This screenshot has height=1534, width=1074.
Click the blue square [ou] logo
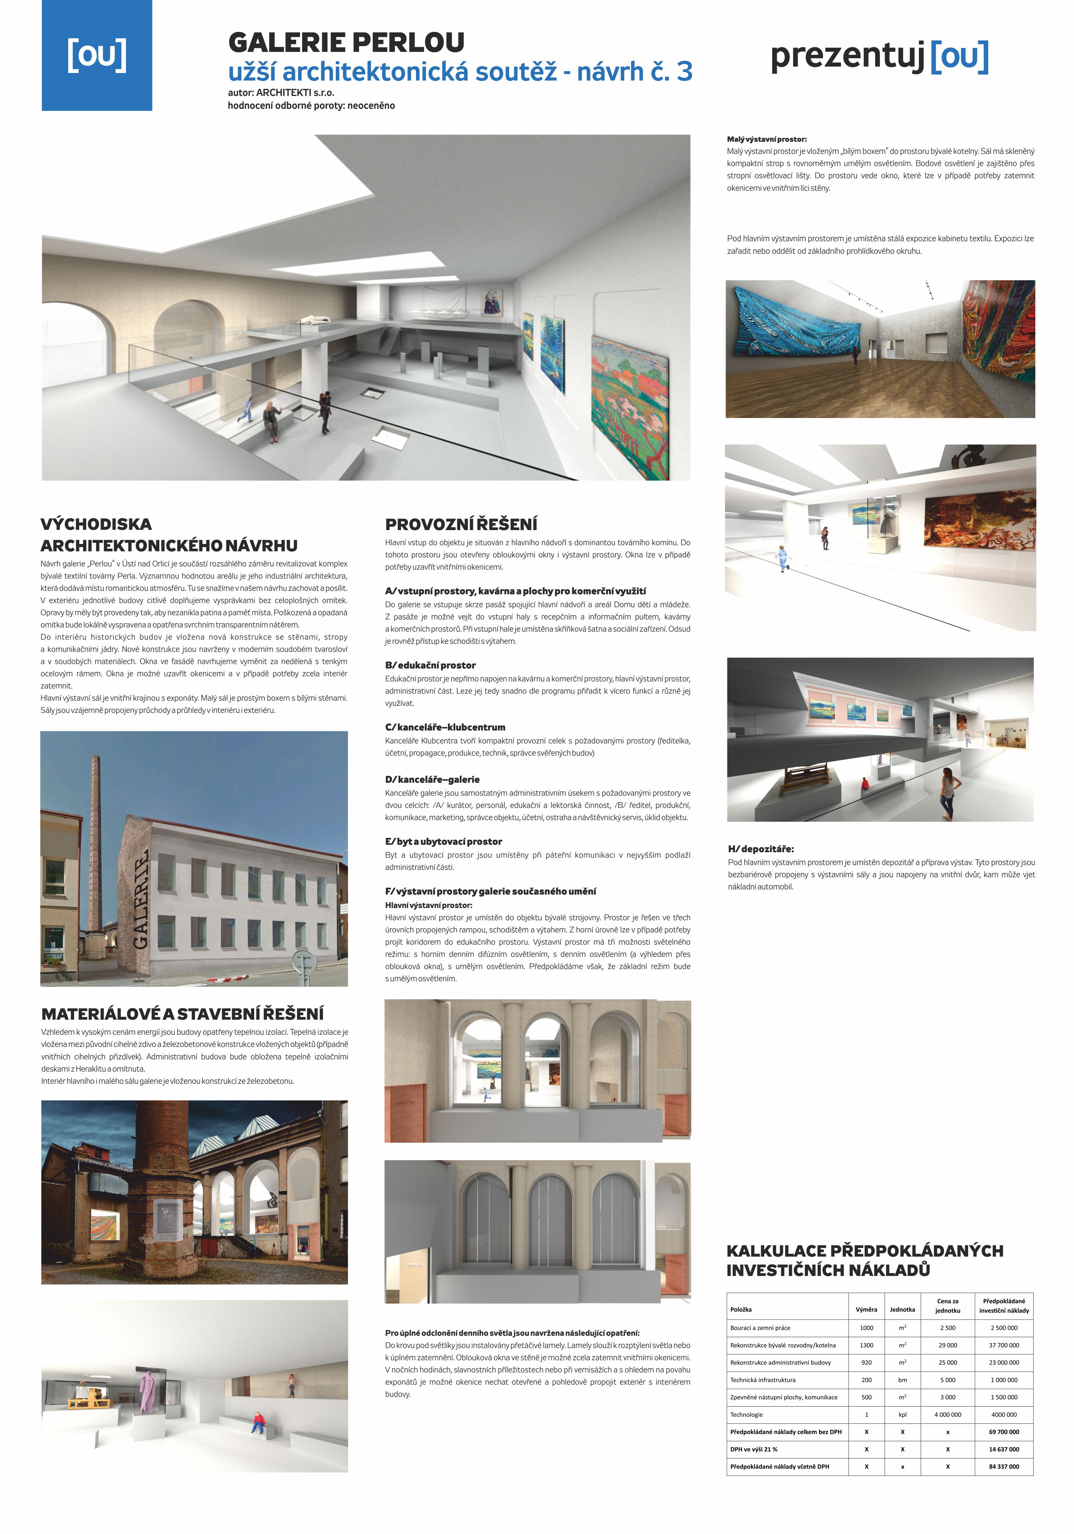coord(97,55)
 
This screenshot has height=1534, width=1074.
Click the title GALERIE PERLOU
coord(346,43)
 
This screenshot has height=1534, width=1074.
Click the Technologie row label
coord(746,1414)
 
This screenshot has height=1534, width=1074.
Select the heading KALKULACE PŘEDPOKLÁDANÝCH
coord(864,1251)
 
